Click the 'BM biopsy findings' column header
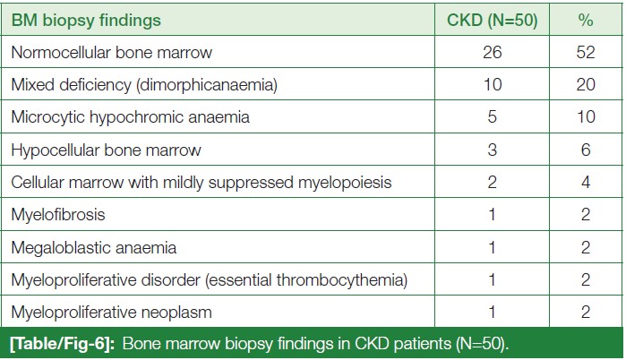86,21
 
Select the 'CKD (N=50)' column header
492,20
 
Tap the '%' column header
586,20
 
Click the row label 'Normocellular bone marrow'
111,53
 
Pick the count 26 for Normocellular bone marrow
492,52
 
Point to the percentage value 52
586,52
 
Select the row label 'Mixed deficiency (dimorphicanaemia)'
144,85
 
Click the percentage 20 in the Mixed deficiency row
586,84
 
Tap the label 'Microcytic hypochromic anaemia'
130,117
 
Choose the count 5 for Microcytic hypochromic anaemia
492,117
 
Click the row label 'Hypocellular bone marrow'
106,150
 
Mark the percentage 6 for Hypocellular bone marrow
586,150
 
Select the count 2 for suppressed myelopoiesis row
492,183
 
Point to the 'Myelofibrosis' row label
58,215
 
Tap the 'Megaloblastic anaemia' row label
93,248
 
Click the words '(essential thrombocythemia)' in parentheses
306,280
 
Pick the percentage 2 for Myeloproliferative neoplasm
586,312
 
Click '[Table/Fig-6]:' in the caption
63,344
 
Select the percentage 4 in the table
586,183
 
